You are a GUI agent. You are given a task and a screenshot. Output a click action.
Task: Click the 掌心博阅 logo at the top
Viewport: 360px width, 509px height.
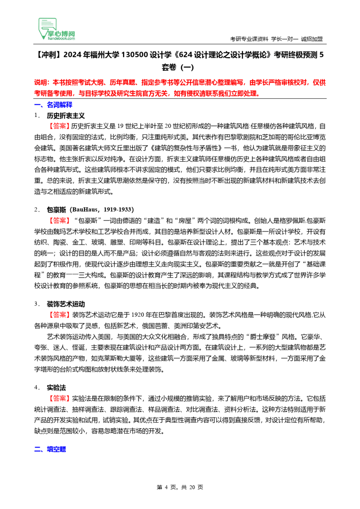pos(57,29)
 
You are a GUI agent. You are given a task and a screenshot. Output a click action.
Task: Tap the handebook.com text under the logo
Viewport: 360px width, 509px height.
pos(61,39)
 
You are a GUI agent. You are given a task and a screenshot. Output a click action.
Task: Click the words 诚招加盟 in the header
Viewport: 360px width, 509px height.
pos(312,39)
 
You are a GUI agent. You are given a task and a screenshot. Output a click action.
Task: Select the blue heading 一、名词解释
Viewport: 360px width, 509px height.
pos(53,105)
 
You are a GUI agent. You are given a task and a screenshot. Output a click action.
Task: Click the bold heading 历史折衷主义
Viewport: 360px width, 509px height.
pos(66,116)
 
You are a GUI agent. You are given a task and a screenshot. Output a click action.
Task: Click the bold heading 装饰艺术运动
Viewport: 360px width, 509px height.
pos(66,304)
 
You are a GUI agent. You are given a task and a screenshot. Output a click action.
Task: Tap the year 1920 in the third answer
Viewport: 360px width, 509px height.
pos(138,315)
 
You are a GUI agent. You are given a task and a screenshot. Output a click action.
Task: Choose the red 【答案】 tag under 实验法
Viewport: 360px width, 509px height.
pos(59,399)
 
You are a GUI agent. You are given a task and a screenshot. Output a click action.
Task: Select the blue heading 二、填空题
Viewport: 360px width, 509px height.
pos(50,449)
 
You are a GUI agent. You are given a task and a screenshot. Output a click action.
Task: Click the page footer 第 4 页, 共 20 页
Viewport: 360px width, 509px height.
pos(180,487)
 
